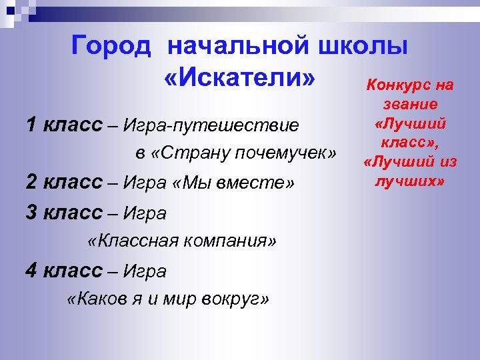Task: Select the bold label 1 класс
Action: pos(64,124)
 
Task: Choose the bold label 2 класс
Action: pos(64,182)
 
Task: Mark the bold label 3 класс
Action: pos(64,213)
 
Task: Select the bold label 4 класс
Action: pos(64,270)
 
